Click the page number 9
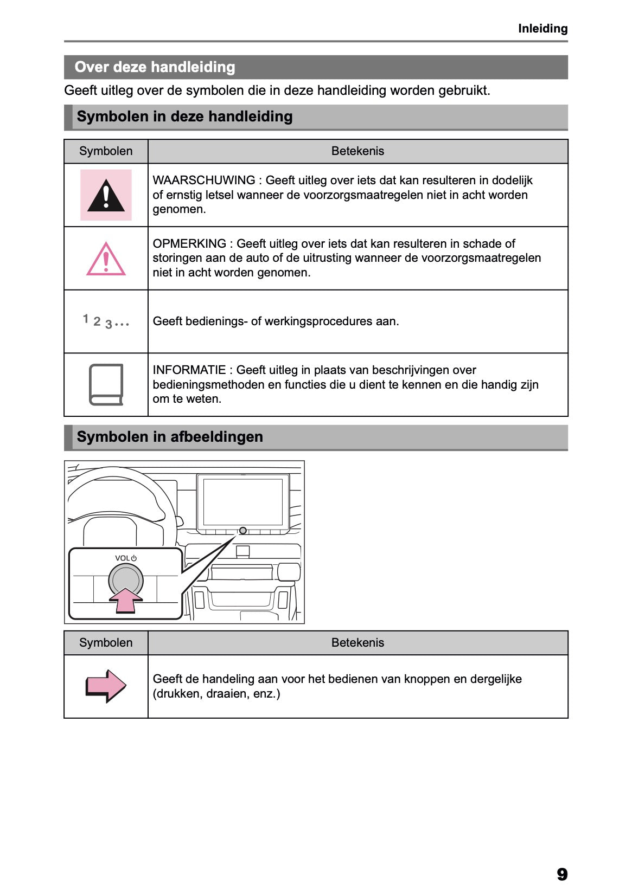(x=561, y=874)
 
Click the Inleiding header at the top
(x=542, y=29)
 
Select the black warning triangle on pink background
(x=106, y=195)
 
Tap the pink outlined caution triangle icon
(x=106, y=260)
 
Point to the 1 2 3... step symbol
(x=106, y=321)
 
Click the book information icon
(x=106, y=384)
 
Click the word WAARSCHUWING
(x=203, y=181)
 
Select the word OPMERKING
(x=189, y=244)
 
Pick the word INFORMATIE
(x=189, y=370)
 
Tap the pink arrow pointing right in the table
(x=106, y=686)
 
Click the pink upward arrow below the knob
(x=126, y=601)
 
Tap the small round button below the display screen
(x=242, y=531)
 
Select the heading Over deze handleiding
(x=155, y=67)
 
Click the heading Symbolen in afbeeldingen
(x=170, y=437)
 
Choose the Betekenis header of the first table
(x=358, y=151)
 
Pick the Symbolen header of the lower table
(x=106, y=643)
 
